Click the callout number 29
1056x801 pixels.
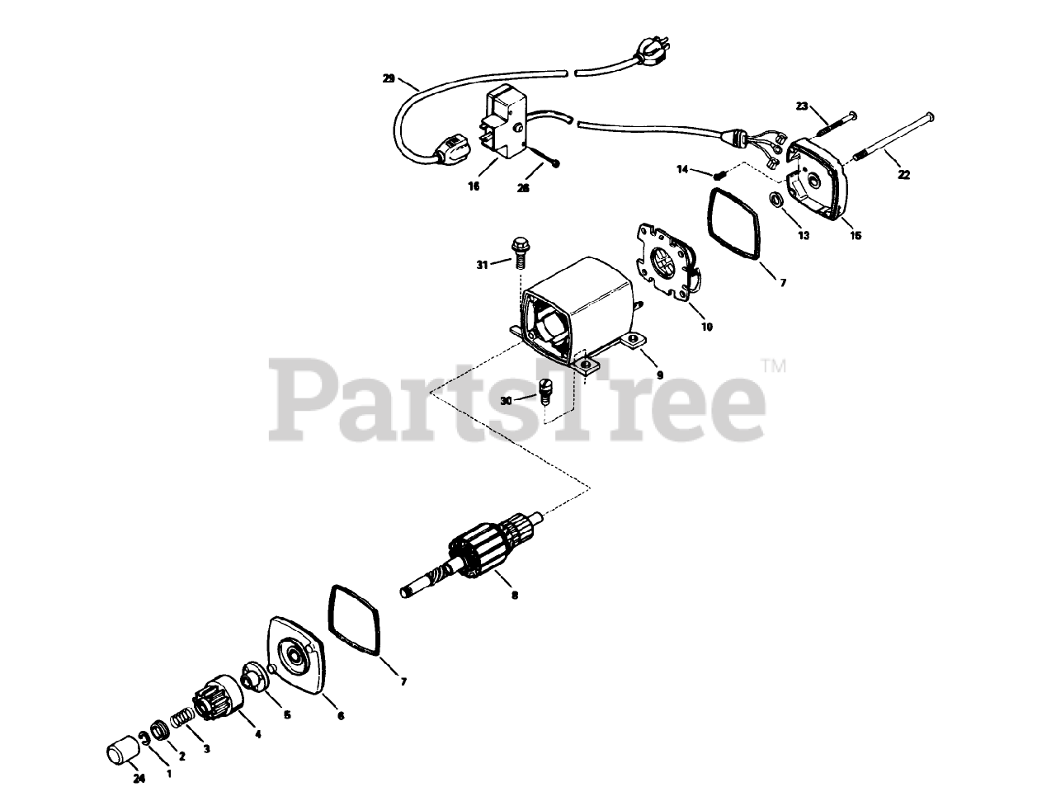[389, 79]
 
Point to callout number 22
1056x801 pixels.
[903, 174]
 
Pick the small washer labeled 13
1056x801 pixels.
[777, 200]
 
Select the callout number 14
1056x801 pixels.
[682, 169]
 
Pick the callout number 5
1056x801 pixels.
[287, 715]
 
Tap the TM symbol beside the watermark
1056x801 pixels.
[773, 365]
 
